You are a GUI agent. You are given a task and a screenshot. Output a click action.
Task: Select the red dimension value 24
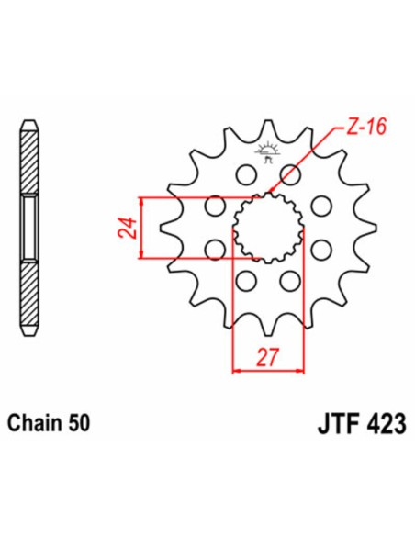pyautogui.click(x=129, y=228)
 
